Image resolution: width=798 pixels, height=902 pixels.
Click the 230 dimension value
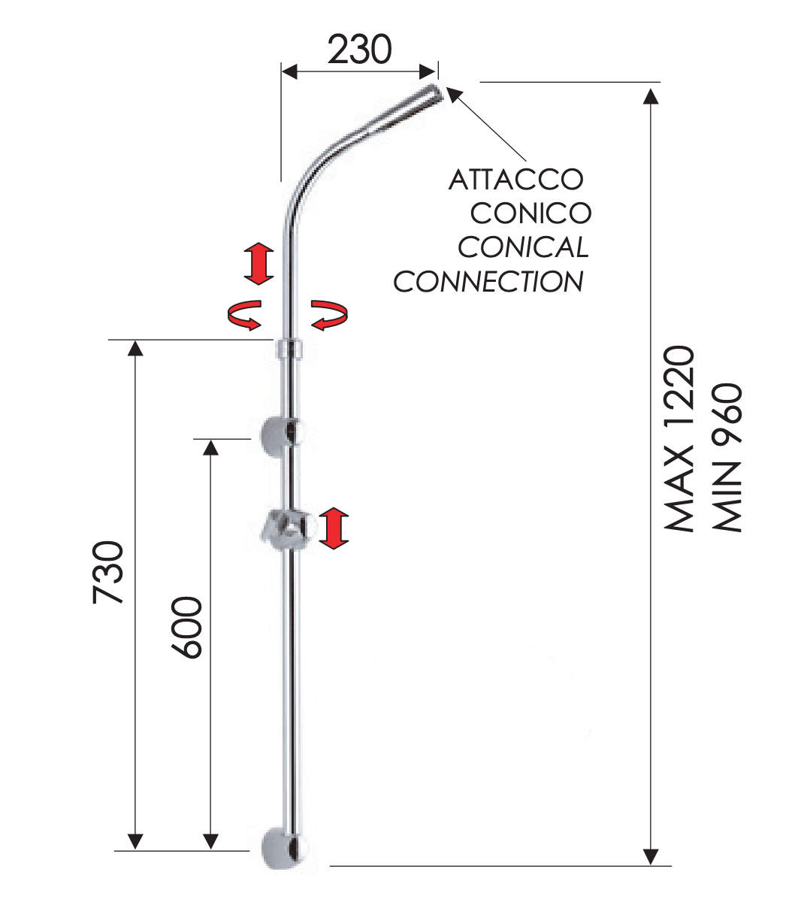[360, 50]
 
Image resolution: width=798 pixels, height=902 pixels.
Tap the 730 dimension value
[107, 572]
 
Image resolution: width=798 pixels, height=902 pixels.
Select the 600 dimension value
[187, 628]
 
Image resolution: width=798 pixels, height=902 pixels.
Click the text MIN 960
[727, 458]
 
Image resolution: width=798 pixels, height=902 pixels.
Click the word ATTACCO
[515, 180]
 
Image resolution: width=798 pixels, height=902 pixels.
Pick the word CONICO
[530, 213]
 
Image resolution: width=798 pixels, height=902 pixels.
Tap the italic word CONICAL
[523, 247]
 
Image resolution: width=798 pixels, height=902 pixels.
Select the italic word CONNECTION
[488, 282]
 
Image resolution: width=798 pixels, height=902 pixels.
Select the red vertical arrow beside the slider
[334, 528]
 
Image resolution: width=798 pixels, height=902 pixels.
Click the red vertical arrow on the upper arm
[258, 263]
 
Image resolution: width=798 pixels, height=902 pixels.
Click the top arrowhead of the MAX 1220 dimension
[651, 94]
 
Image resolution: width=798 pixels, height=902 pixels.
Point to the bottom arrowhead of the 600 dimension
[210, 840]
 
